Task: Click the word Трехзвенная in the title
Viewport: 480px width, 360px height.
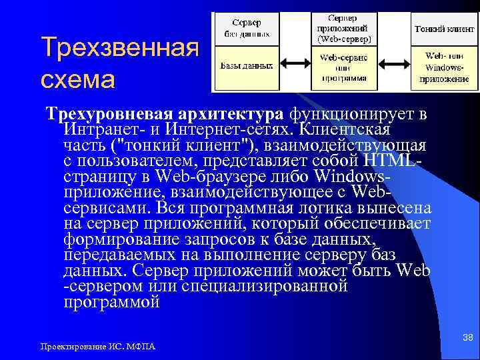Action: pos(120,48)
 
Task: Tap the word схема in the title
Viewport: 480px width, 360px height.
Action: pos(77,78)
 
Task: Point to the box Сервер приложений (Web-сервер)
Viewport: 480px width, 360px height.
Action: pos(343,28)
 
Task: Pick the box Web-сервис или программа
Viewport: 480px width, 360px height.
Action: pos(343,67)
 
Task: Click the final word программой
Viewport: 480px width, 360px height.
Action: pos(111,302)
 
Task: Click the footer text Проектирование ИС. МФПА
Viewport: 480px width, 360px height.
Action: pos(97,347)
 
